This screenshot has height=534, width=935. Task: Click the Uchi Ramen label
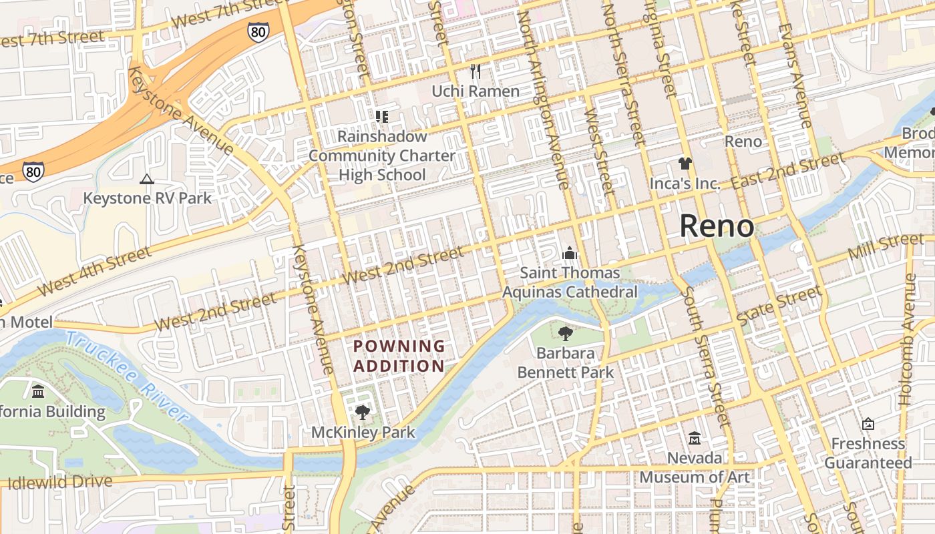(475, 91)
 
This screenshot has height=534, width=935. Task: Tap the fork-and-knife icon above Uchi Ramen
(475, 71)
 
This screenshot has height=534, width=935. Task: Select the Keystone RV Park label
(147, 198)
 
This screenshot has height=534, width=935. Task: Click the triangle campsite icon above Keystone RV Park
(147, 179)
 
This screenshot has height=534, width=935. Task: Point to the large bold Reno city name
(717, 227)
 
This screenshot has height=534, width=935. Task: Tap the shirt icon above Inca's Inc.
(685, 163)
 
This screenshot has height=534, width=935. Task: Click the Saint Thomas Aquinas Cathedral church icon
(569, 253)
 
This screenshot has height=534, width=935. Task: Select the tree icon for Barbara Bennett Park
(565, 333)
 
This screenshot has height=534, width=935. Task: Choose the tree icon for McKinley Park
(363, 413)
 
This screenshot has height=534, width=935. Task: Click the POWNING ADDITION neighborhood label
(399, 356)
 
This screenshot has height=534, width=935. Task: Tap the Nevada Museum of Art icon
(695, 439)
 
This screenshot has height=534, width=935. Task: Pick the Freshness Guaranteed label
(868, 453)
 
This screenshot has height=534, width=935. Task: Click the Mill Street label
(886, 247)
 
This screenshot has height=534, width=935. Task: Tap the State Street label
(779, 306)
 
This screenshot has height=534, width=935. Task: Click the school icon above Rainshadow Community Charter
(381, 117)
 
